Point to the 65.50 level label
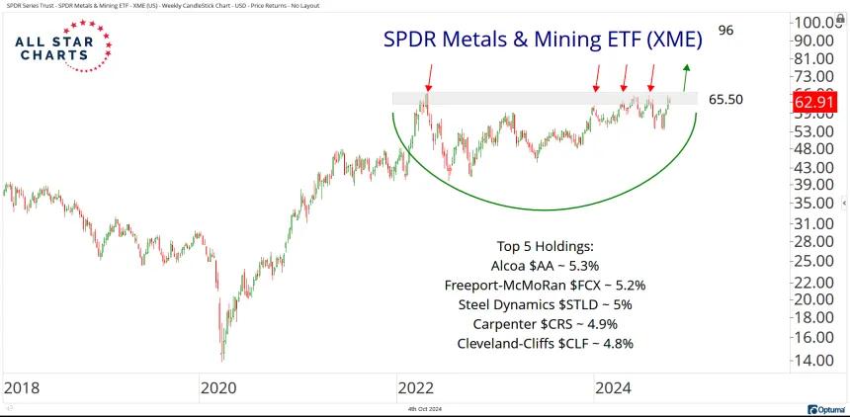(725, 100)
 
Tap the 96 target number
(725, 31)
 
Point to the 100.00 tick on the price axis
(819, 22)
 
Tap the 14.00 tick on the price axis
(816, 360)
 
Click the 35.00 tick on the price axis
(816, 204)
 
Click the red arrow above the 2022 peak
(428, 76)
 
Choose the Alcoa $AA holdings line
(545, 267)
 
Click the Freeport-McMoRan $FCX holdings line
(545, 286)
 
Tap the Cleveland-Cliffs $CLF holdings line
(545, 343)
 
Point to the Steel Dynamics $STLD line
(545, 304)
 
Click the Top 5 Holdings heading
(545, 247)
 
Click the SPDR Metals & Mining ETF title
(543, 39)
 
